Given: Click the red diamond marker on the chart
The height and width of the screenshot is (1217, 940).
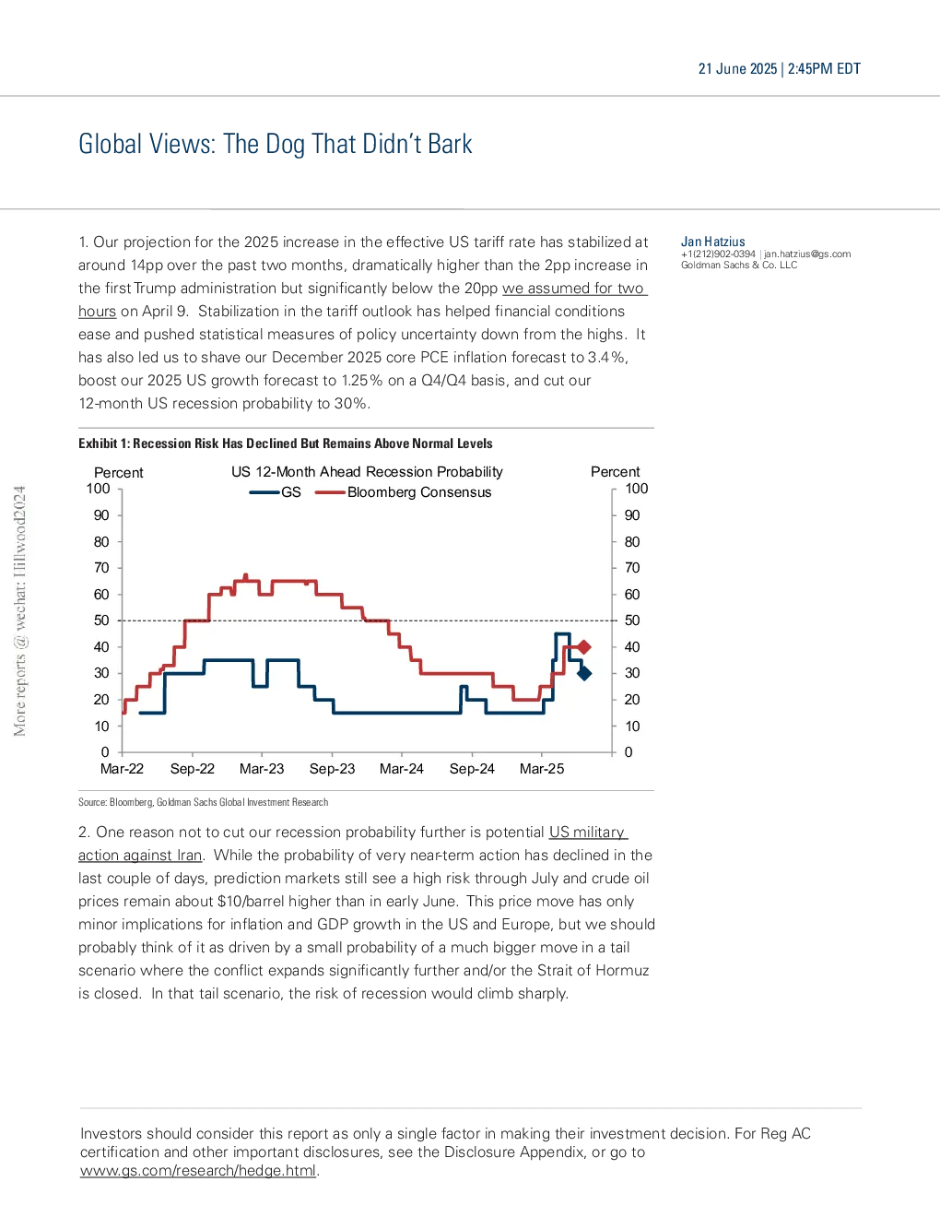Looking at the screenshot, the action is click(x=584, y=647).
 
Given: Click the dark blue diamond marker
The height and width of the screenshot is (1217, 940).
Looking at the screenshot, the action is click(x=584, y=673).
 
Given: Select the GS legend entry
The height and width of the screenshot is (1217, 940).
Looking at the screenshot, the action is click(x=275, y=492).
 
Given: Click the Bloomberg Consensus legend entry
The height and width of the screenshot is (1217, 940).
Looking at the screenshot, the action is click(x=403, y=492).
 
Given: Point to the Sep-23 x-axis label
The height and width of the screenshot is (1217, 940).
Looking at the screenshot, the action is click(x=332, y=769).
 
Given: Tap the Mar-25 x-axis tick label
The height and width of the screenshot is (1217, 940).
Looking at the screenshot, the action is click(x=541, y=769).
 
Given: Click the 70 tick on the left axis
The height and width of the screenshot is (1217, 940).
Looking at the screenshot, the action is click(x=101, y=568).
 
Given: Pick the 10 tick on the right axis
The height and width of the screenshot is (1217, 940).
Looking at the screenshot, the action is click(x=632, y=727).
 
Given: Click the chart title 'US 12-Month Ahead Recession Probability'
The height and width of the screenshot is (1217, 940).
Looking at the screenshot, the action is click(x=367, y=472).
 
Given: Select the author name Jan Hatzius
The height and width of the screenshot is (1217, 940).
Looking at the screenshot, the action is click(x=712, y=242).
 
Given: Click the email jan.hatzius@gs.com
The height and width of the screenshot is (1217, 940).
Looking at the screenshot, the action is click(x=807, y=254).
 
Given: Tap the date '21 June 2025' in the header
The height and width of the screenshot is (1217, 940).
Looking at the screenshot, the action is click(x=737, y=69).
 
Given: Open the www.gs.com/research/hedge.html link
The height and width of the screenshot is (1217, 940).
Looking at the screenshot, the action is click(x=198, y=1171).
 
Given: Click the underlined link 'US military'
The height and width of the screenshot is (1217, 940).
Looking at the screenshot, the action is click(x=587, y=833).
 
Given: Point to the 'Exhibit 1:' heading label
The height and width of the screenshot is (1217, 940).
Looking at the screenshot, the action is click(x=104, y=443).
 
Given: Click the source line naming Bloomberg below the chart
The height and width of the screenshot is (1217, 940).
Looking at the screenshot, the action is click(x=204, y=802).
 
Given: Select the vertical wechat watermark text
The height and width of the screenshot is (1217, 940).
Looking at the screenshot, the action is click(x=19, y=610).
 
